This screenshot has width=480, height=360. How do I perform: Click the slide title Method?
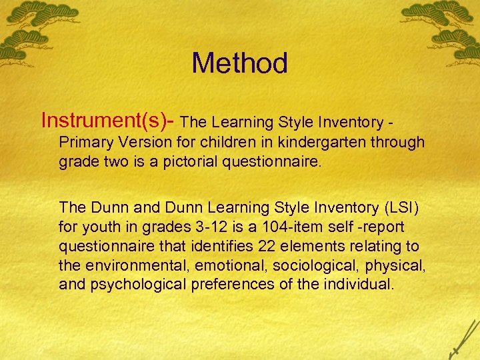tap(239, 63)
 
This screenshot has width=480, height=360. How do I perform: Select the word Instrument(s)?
tap(103, 120)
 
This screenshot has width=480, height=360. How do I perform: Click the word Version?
tap(139, 143)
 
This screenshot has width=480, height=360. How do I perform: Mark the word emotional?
tap(225, 266)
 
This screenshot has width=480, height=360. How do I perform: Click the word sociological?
tap(304, 266)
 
